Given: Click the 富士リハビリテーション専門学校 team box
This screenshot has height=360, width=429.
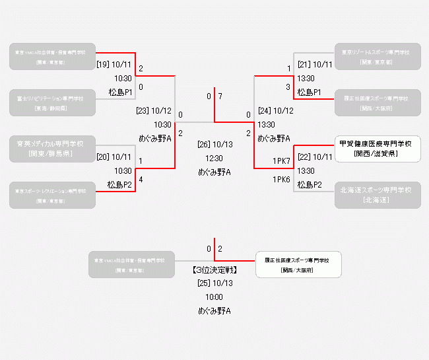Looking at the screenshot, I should point(52,102).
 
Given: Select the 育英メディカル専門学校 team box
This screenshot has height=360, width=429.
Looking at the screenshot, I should point(52,149).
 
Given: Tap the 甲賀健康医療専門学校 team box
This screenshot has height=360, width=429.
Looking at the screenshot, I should point(378,149).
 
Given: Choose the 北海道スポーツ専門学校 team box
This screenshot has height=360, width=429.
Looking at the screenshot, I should point(378,195).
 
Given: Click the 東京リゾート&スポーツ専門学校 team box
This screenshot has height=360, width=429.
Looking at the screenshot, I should point(378,56).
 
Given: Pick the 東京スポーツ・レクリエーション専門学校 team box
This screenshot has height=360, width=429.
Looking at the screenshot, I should point(52,195).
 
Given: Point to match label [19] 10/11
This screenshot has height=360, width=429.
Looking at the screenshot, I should point(114,65).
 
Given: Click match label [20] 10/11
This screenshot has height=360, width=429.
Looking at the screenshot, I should point(114,157).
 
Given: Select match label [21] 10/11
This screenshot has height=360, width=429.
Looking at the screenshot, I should point(315,65).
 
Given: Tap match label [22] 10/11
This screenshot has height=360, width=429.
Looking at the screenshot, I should point(315,157).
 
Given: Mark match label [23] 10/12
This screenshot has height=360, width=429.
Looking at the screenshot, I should point(154,111).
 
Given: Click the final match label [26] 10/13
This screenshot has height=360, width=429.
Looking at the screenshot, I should point(214,145).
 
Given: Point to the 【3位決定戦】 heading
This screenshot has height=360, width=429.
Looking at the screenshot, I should point(214,270).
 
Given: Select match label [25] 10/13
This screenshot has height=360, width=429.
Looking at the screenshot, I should point(214,283).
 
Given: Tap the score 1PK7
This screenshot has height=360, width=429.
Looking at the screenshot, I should point(282,161).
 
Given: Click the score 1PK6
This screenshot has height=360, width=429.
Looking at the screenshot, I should point(282,180).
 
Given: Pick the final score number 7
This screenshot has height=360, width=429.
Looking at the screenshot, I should point(220,97).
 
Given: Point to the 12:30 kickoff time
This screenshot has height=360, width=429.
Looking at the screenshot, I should point(214,159).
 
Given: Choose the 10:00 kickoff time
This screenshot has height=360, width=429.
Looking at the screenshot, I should point(214,297).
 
